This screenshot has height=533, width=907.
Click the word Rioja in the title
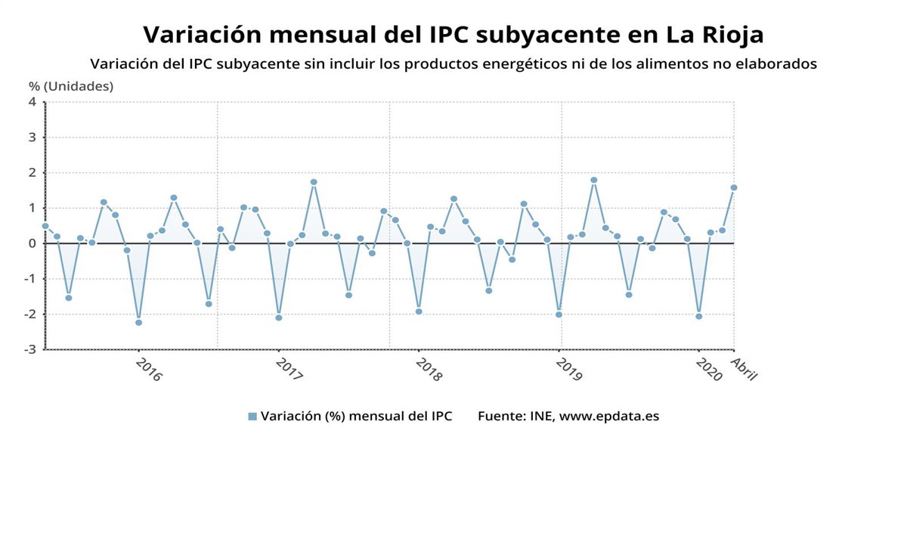(x=726, y=35)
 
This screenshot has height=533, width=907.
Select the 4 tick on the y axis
(x=33, y=102)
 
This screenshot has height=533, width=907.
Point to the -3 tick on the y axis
(x=30, y=349)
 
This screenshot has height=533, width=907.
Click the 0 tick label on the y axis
(x=33, y=243)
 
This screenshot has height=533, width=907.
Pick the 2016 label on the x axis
(x=149, y=369)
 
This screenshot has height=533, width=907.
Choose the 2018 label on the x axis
(x=429, y=369)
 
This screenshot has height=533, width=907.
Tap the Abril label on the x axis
(x=744, y=369)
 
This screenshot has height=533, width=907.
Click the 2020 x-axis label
(x=708, y=369)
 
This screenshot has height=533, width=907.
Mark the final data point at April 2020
(x=734, y=187)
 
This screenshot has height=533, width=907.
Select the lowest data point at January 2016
(x=138, y=323)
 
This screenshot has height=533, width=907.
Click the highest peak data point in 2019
(x=594, y=180)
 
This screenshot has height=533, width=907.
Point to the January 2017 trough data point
(x=279, y=318)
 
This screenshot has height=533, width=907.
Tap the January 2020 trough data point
(x=699, y=316)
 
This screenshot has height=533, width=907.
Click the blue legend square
(x=252, y=417)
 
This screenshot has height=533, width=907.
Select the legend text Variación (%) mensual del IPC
(x=356, y=417)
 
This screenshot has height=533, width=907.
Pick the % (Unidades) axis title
(x=71, y=86)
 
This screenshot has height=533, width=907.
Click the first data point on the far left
(x=45, y=226)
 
